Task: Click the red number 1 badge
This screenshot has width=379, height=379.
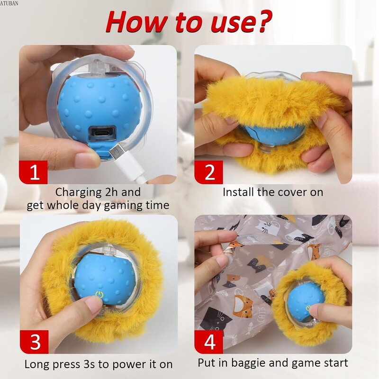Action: pyautogui.click(x=33, y=172)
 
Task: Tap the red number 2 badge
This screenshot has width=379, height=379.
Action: pyautogui.click(x=208, y=172)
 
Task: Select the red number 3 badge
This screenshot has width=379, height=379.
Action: pyautogui.click(x=34, y=342)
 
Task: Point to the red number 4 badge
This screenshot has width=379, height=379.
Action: pyautogui.click(x=209, y=342)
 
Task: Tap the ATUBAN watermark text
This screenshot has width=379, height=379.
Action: pyautogui.click(x=9, y=3)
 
